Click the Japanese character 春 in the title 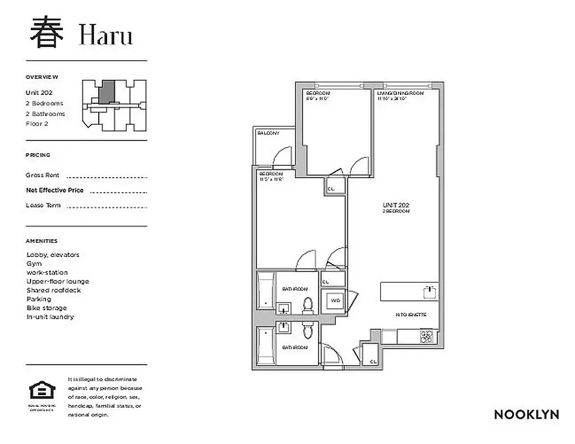pos(46,33)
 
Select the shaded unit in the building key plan pos(107,91)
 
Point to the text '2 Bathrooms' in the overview pos(45,114)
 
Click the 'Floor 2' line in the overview pos(37,124)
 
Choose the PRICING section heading pos(38,155)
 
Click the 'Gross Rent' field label pos(42,175)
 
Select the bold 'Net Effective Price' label pos(54,190)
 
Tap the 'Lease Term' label pos(43,205)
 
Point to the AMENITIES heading pos(42,241)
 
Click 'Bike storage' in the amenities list pos(47,308)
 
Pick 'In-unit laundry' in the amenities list pos(50,317)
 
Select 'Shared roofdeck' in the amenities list pos(53,290)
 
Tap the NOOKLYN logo pos(526,415)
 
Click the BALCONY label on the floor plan pos(268,134)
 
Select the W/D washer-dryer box pos(335,300)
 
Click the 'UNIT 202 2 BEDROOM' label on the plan pos(396,208)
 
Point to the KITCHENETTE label pos(411,315)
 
